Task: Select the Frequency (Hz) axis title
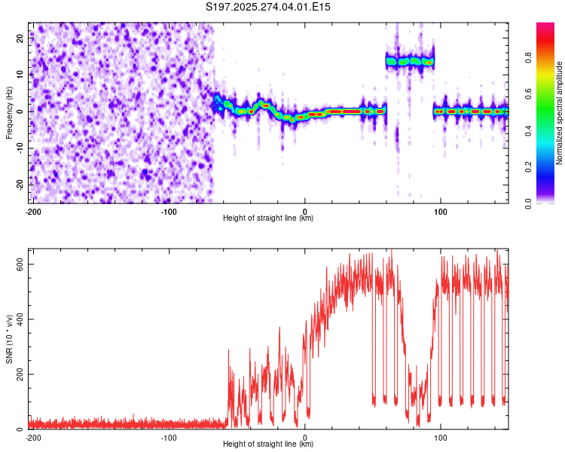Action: [9, 112]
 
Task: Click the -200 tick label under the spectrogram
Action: [33, 211]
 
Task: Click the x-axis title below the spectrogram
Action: [268, 218]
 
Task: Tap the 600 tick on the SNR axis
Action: [17, 264]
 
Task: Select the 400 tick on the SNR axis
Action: [17, 319]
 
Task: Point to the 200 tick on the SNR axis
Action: [17, 374]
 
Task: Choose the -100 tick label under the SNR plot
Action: [169, 437]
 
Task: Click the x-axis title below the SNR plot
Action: [268, 444]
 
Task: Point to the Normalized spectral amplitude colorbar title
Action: [559, 113]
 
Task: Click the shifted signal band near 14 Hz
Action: [410, 61]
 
